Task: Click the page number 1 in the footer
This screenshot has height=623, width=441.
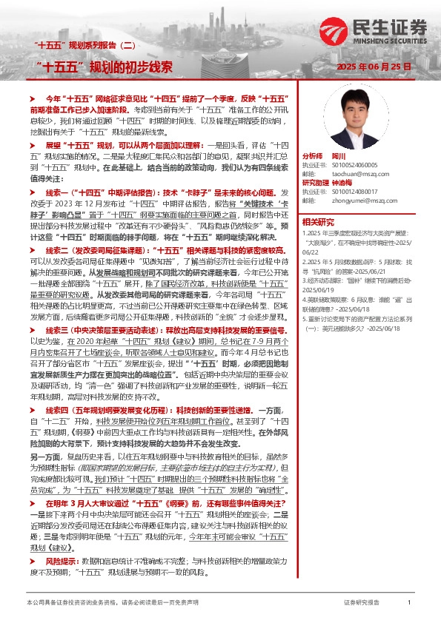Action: click(408, 604)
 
